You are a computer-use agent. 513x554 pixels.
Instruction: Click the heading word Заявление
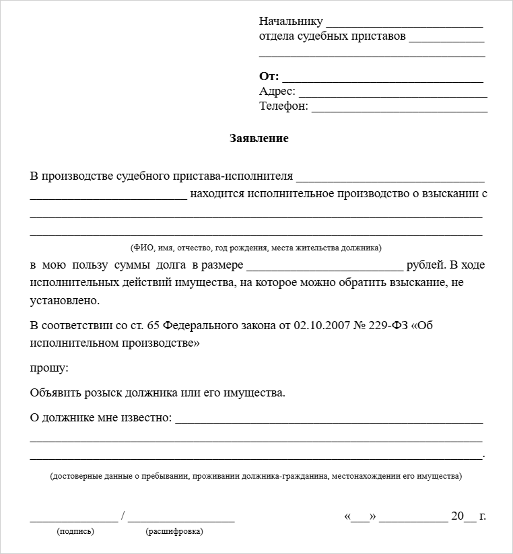pyautogui.click(x=259, y=139)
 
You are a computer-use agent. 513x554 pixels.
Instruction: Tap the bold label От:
pyautogui.click(x=269, y=77)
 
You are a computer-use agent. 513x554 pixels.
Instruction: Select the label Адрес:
pyautogui.click(x=277, y=92)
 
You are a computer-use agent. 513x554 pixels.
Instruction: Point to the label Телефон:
pyautogui.click(x=283, y=106)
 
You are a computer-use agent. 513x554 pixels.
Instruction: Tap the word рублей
pyautogui.click(x=425, y=265)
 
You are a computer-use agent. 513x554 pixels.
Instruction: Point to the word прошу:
pyautogui.click(x=49, y=368)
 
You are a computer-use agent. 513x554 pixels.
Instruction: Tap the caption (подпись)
pyautogui.click(x=75, y=531)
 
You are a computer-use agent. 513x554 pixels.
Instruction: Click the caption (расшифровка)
pyautogui.click(x=174, y=531)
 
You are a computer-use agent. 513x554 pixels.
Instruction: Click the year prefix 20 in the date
pyautogui.click(x=458, y=516)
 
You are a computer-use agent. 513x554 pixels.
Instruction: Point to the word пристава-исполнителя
pyautogui.click(x=240, y=176)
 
